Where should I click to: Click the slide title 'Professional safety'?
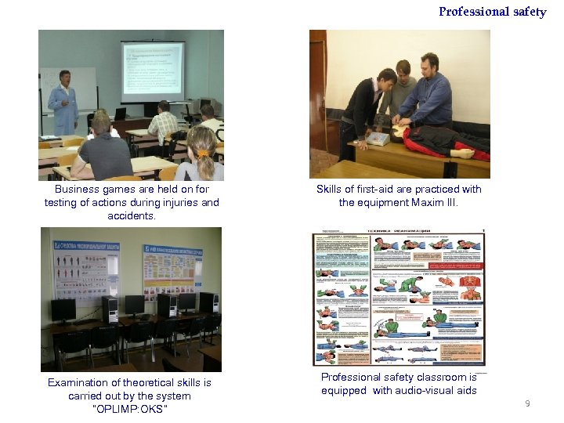(492, 12)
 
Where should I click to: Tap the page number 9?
(527, 403)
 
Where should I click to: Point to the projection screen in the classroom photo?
(153, 71)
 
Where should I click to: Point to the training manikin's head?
(467, 153)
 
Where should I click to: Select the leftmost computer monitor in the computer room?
(63, 309)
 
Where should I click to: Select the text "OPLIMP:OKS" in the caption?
(130, 409)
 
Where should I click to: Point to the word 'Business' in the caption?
(78, 189)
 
